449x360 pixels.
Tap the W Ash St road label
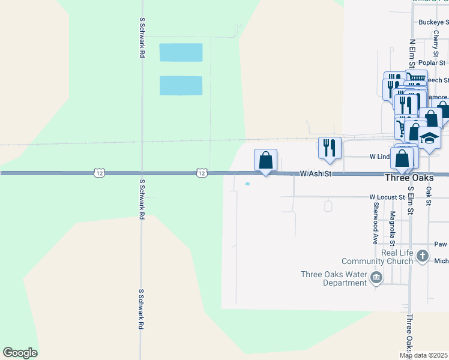(x=316, y=173)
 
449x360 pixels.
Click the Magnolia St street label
(x=392, y=229)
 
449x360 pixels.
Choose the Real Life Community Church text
(x=378, y=257)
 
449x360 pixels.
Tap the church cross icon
(x=423, y=256)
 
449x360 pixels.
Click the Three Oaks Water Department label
(x=333, y=278)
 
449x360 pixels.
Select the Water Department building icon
(x=376, y=277)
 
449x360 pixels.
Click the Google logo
(x=20, y=353)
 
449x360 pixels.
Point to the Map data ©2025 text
(x=424, y=356)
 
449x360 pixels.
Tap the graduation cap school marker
(x=429, y=139)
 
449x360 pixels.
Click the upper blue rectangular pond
(x=181, y=53)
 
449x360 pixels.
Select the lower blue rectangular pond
(x=181, y=85)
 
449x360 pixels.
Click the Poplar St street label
(x=432, y=62)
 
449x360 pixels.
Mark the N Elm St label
(x=412, y=54)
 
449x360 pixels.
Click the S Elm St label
(x=411, y=200)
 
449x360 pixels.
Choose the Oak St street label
(x=429, y=195)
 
